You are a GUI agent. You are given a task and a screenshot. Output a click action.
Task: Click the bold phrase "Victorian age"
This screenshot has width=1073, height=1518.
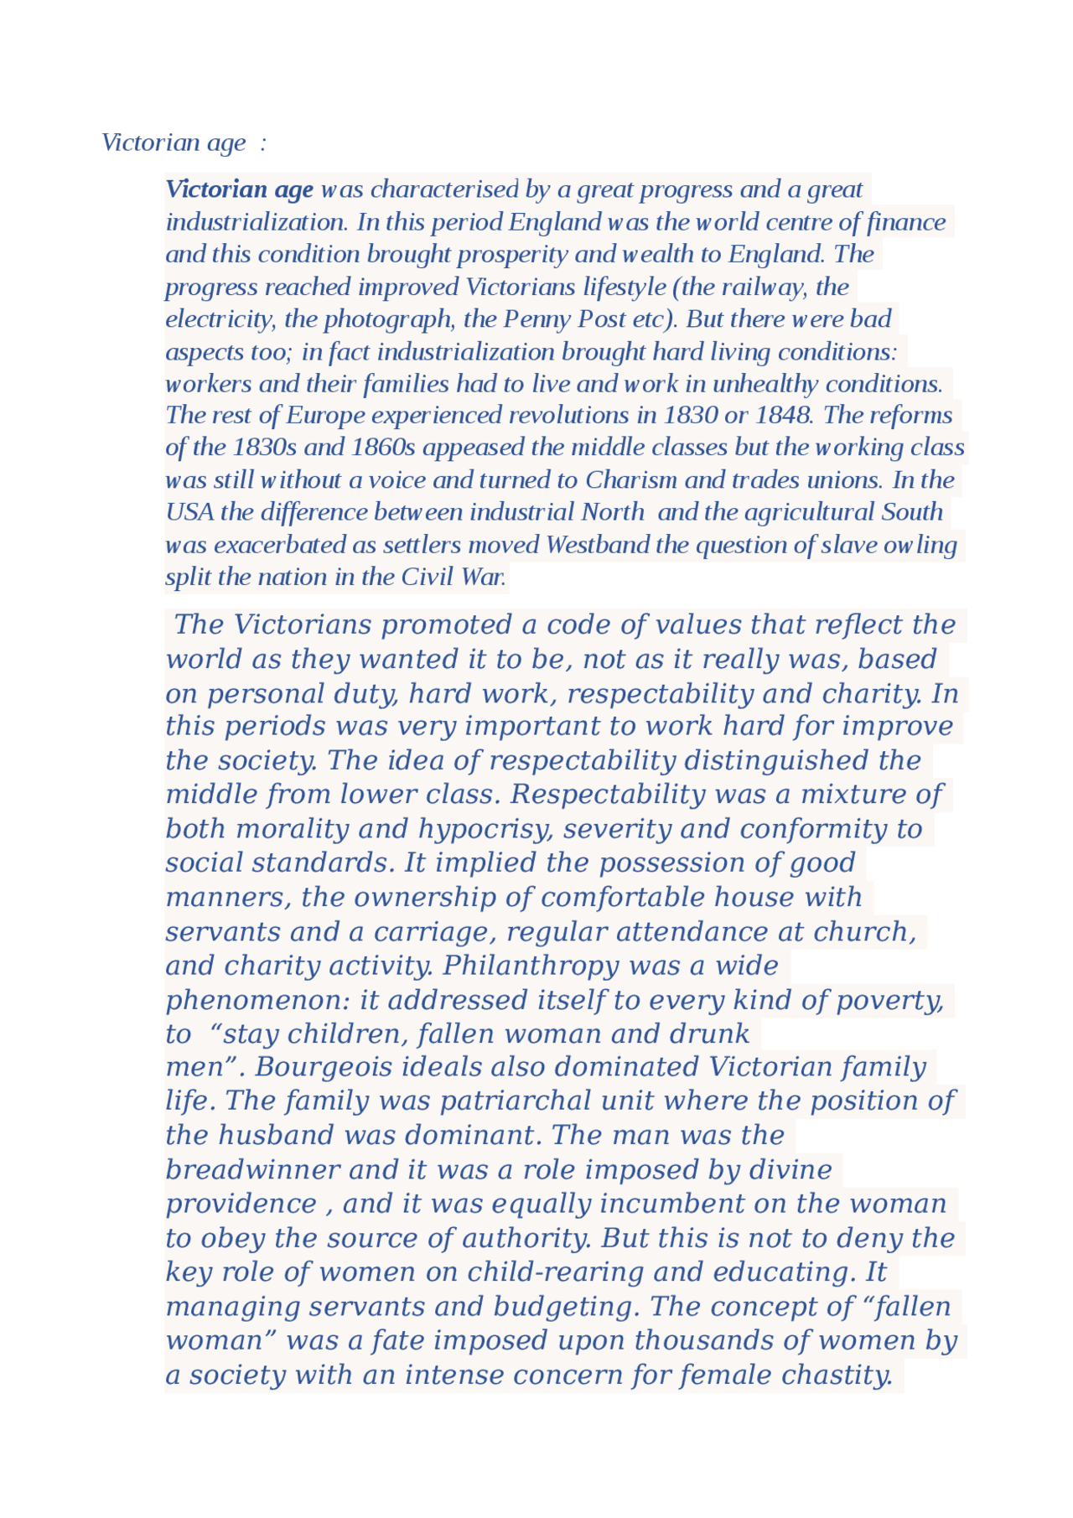pos(240,189)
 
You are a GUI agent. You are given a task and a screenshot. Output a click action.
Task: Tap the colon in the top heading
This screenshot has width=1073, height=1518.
pos(262,143)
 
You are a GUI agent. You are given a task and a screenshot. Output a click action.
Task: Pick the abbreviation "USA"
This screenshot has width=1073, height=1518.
pos(189,512)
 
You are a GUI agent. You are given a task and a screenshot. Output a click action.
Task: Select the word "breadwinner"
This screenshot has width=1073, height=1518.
pos(252,1169)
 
